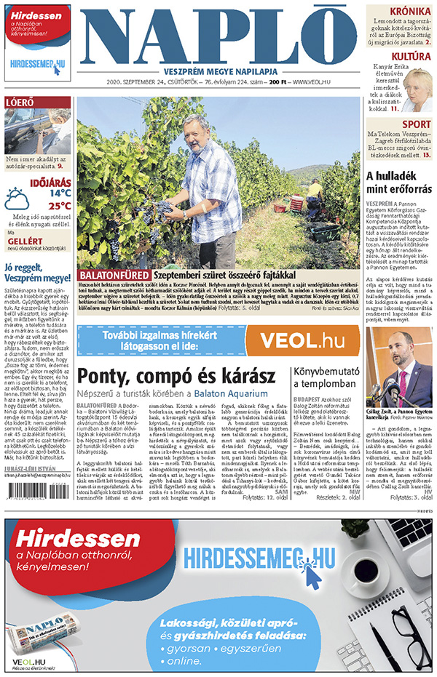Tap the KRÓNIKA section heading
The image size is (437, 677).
pyautogui.click(x=411, y=12)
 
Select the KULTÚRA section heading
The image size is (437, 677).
pyautogui.click(x=411, y=56)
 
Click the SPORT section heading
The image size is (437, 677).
pyautogui.click(x=416, y=124)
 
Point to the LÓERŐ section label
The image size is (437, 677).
pyautogui.click(x=20, y=103)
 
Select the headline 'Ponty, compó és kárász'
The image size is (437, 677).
pyautogui.click(x=176, y=376)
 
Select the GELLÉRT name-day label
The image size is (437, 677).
pyautogui.click(x=21, y=240)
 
